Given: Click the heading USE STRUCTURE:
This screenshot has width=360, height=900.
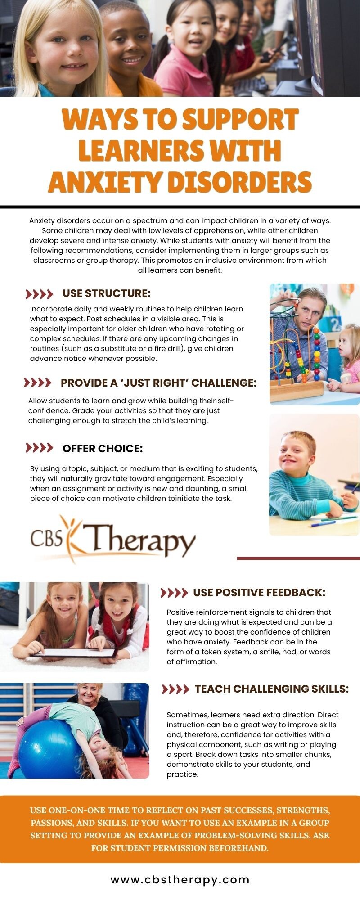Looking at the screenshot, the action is pos(107,293).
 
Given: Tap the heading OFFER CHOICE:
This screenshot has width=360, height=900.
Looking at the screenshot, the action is pos(103,449).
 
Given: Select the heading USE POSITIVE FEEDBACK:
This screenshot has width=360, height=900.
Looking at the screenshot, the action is pos(259,593).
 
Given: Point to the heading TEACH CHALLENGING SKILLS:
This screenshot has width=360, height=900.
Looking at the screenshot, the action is pos(272,689).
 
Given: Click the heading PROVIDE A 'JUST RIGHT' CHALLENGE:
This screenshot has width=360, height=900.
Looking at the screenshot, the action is pos(158,383).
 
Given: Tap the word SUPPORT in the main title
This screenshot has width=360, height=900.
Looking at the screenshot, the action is pos(240,120).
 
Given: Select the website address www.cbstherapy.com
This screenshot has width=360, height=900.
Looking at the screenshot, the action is pos(180,879).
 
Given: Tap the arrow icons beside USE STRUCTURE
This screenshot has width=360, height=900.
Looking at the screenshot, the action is pos(40,294).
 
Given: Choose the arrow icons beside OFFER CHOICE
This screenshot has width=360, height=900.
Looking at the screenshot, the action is pos(40,448).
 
